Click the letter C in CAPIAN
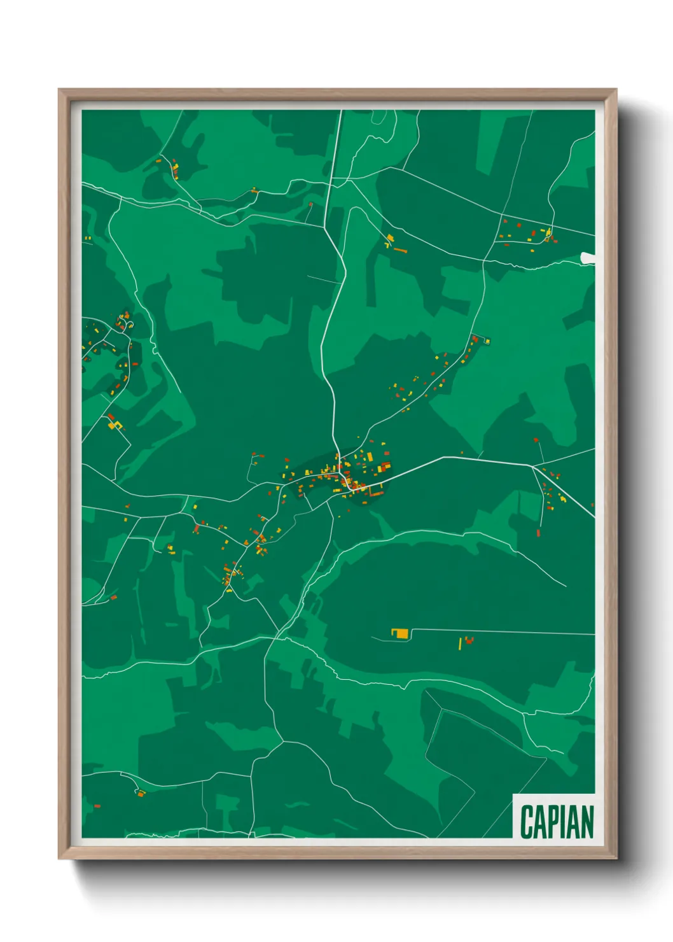[527, 822]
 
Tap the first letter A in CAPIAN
[540, 822]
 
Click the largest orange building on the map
[400, 633]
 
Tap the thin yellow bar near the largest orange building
[460, 643]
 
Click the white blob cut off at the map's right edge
[588, 258]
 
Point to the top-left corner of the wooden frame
[60, 90]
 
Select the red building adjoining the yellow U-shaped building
[111, 418]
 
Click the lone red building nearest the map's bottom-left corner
[97, 806]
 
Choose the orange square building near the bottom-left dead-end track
[141, 794]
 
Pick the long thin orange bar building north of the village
[399, 250]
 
